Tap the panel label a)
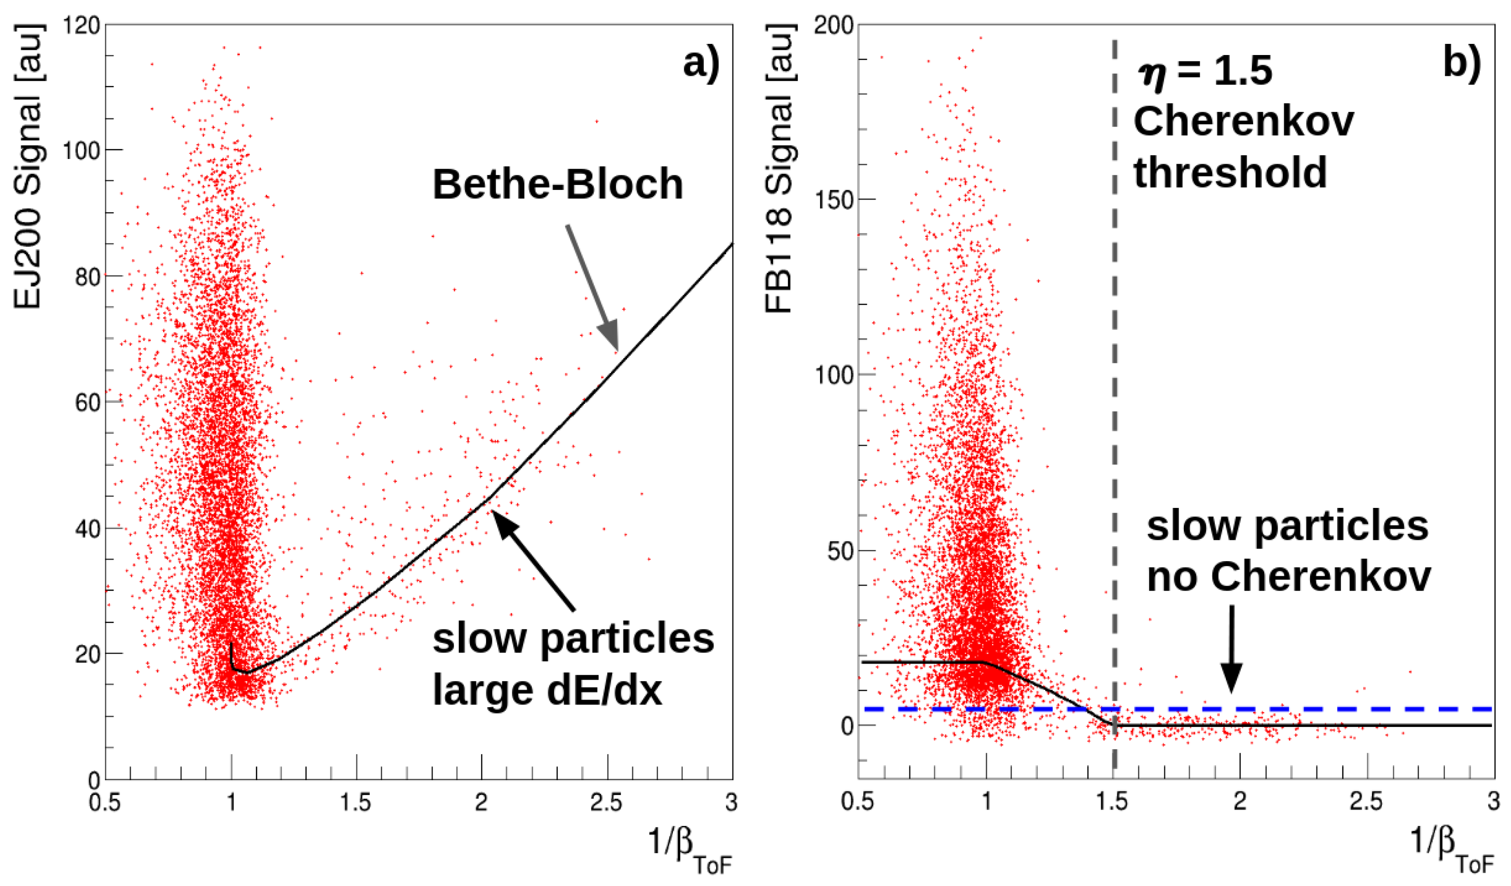coord(701,62)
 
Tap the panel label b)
coord(1461,62)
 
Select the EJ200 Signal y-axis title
coord(28,167)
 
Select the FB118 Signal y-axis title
coord(780,169)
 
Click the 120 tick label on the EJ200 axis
coord(84,25)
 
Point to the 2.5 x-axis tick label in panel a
coord(607,802)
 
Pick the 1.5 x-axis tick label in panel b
coord(1113,802)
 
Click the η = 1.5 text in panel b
coord(1205,72)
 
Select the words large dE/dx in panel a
coord(547,691)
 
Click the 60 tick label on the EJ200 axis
coord(87,403)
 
